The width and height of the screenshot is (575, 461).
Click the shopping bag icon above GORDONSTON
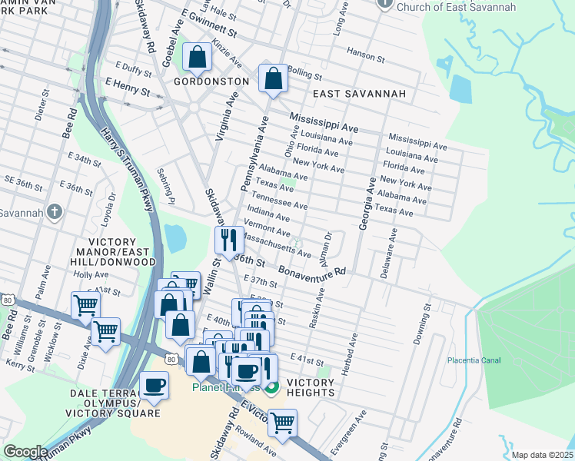pos(198,57)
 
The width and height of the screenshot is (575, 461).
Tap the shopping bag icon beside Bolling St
pos(273,78)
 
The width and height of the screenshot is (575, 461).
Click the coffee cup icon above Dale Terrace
pos(154,385)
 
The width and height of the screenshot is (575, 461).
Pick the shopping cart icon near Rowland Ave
pos(282,422)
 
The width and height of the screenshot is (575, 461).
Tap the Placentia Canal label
pos(474,360)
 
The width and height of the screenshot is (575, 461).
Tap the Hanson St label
pos(365,56)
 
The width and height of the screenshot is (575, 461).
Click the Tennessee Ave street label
pos(281,201)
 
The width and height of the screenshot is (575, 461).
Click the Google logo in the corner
pos(25,452)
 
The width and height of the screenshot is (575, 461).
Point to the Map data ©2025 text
pos(542,455)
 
